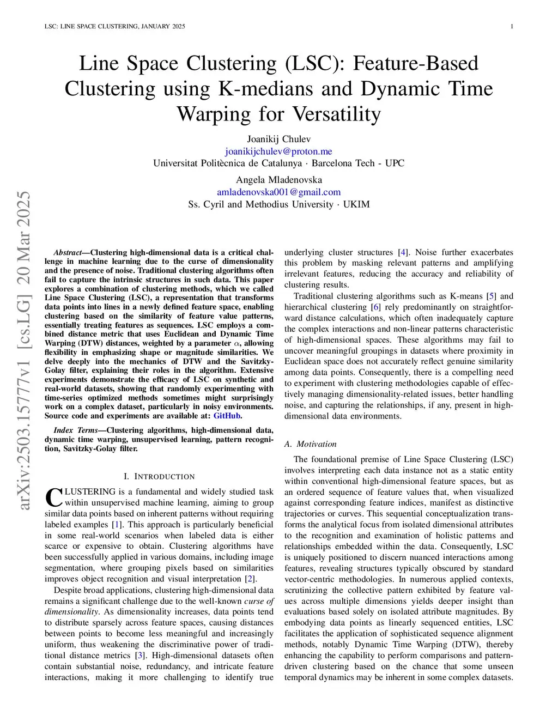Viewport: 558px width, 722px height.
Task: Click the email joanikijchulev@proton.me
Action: coord(278,151)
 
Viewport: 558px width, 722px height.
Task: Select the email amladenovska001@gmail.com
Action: coord(278,192)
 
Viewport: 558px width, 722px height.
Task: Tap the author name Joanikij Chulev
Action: coord(278,139)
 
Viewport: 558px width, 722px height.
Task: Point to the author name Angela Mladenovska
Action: coord(278,180)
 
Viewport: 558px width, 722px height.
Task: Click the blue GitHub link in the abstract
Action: coord(227,416)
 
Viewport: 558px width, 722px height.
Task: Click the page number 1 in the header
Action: coord(512,27)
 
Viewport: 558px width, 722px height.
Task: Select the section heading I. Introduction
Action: coord(159,477)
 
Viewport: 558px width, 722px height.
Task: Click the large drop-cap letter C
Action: coord(53,497)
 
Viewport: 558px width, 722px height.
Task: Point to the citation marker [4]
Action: coord(403,252)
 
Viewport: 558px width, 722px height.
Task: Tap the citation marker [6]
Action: coord(375,307)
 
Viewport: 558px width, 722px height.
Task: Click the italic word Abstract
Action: coord(67,253)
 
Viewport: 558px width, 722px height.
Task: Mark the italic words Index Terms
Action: coord(75,430)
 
